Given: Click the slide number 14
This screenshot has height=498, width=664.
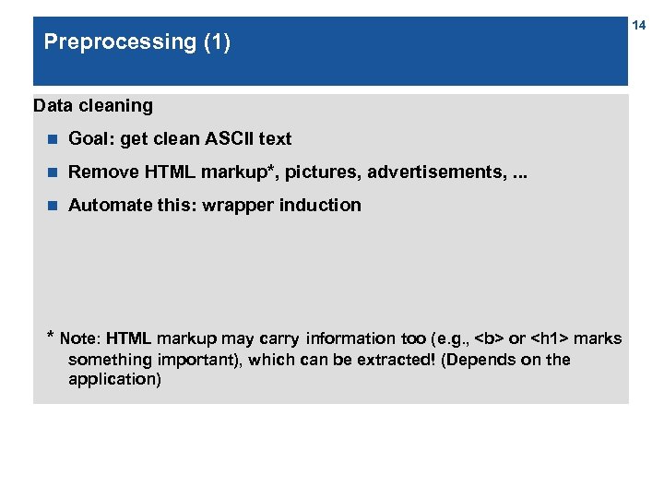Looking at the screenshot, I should (638, 26).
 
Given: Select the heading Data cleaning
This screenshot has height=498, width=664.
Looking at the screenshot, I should (93, 105).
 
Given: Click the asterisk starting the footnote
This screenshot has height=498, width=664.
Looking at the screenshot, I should (51, 337).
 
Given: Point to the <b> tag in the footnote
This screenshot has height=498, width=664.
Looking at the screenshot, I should (489, 338).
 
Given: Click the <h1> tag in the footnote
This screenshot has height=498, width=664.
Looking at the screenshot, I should (549, 338).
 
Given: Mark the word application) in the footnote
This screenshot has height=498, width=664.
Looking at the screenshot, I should (114, 379).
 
